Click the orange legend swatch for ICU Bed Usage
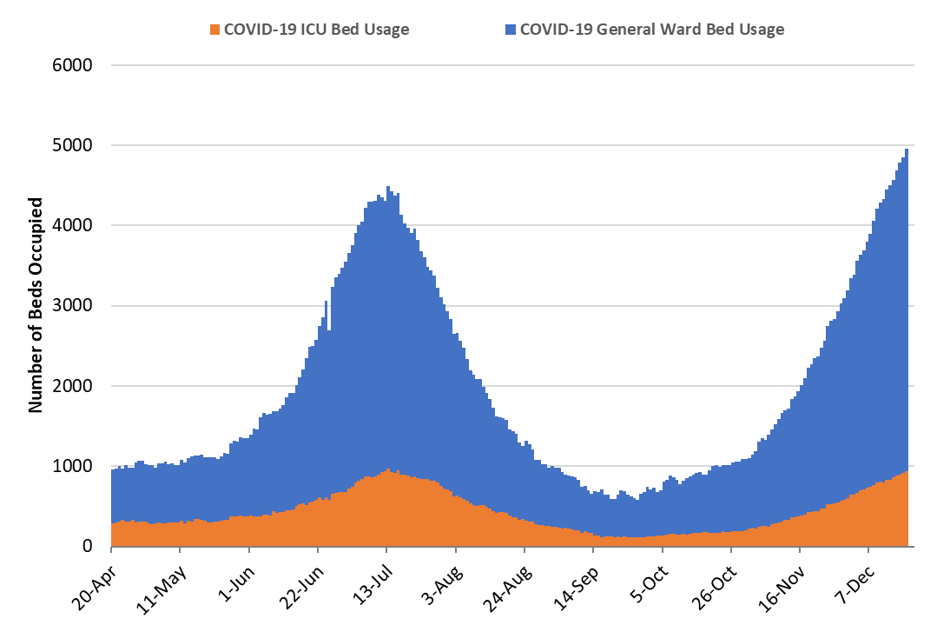tap(215, 30)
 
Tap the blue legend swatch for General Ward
tap(511, 30)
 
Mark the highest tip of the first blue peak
tap(387, 187)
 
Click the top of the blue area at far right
tap(907, 150)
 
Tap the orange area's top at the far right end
tap(907, 470)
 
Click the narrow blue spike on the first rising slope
tap(326, 302)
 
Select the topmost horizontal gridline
tap(512, 65)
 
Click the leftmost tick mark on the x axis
tap(111, 549)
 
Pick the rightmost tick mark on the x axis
tap(868, 549)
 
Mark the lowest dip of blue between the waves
tap(637, 500)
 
